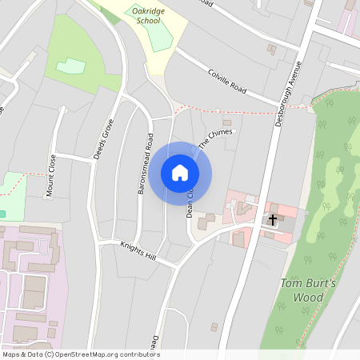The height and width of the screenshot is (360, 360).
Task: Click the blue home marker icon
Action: click(x=180, y=173)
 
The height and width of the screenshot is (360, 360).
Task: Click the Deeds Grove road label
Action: click(x=103, y=139)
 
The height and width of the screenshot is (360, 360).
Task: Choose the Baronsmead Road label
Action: click(x=144, y=163)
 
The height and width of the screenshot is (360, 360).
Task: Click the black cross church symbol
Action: click(x=273, y=218)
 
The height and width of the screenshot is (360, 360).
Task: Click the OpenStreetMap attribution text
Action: click(x=81, y=354)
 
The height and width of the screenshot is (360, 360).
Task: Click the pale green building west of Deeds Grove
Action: click(x=70, y=66)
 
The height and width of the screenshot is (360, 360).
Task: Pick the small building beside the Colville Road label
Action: click(x=272, y=50)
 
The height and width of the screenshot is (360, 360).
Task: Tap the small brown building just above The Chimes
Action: click(x=226, y=122)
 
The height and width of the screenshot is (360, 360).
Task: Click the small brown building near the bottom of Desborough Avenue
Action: click(x=214, y=326)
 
